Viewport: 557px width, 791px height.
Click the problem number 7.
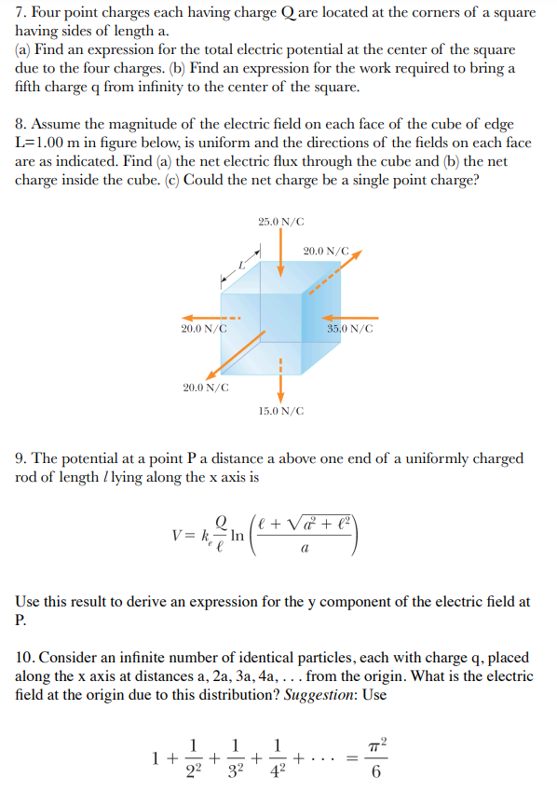pyautogui.click(x=20, y=13)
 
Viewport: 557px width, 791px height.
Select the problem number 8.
pyautogui.click(x=20, y=125)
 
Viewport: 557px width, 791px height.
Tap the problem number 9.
pyautogui.click(x=20, y=458)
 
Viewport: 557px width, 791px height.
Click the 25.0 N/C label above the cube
pyautogui.click(x=280, y=221)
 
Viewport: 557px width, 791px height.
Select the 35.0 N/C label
pyautogui.click(x=350, y=329)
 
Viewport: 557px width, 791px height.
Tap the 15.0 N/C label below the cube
pyautogui.click(x=280, y=410)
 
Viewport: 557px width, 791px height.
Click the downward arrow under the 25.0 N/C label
pyautogui.click(x=280, y=252)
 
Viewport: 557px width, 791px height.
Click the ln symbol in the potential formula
pyautogui.click(x=237, y=535)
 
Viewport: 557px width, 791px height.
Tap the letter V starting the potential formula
pyautogui.click(x=178, y=535)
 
